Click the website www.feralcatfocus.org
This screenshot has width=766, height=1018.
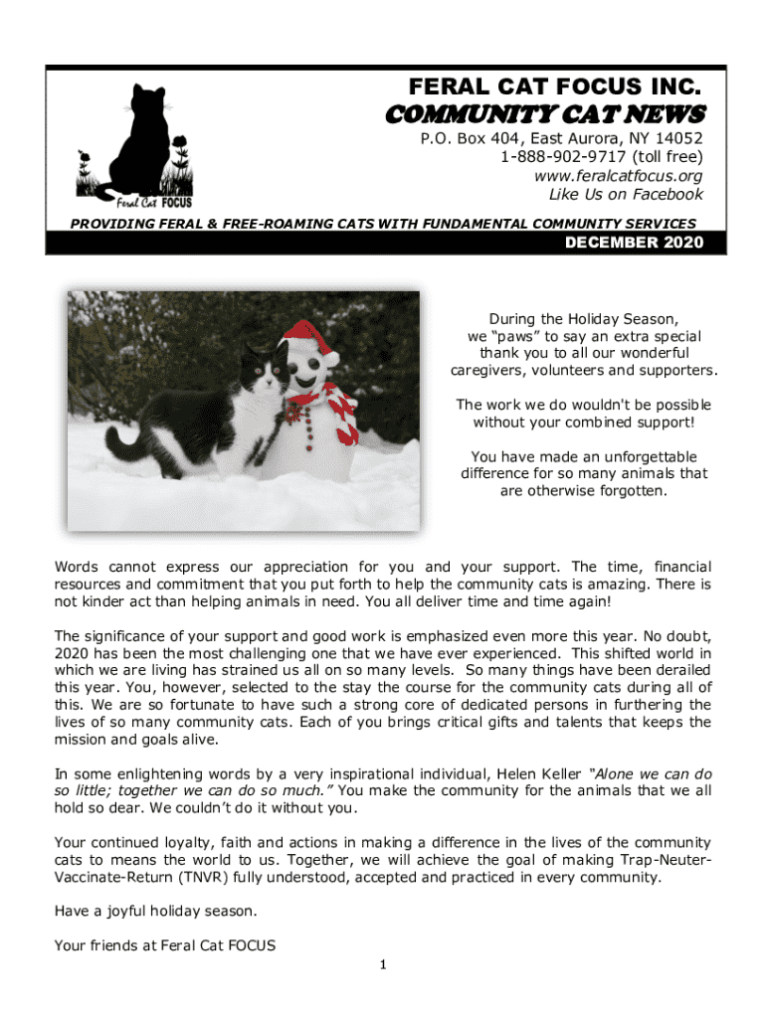(x=618, y=176)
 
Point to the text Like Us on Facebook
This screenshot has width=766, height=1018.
(x=626, y=195)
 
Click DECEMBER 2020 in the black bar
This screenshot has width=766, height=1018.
(x=642, y=242)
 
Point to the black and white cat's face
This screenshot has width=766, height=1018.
(x=263, y=373)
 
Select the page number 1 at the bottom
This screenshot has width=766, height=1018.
(x=383, y=964)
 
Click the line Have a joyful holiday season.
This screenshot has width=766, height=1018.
(x=155, y=912)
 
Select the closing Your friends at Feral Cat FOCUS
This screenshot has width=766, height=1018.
(x=164, y=945)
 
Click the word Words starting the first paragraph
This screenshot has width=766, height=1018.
(x=77, y=567)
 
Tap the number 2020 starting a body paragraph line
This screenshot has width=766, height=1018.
(x=72, y=653)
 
